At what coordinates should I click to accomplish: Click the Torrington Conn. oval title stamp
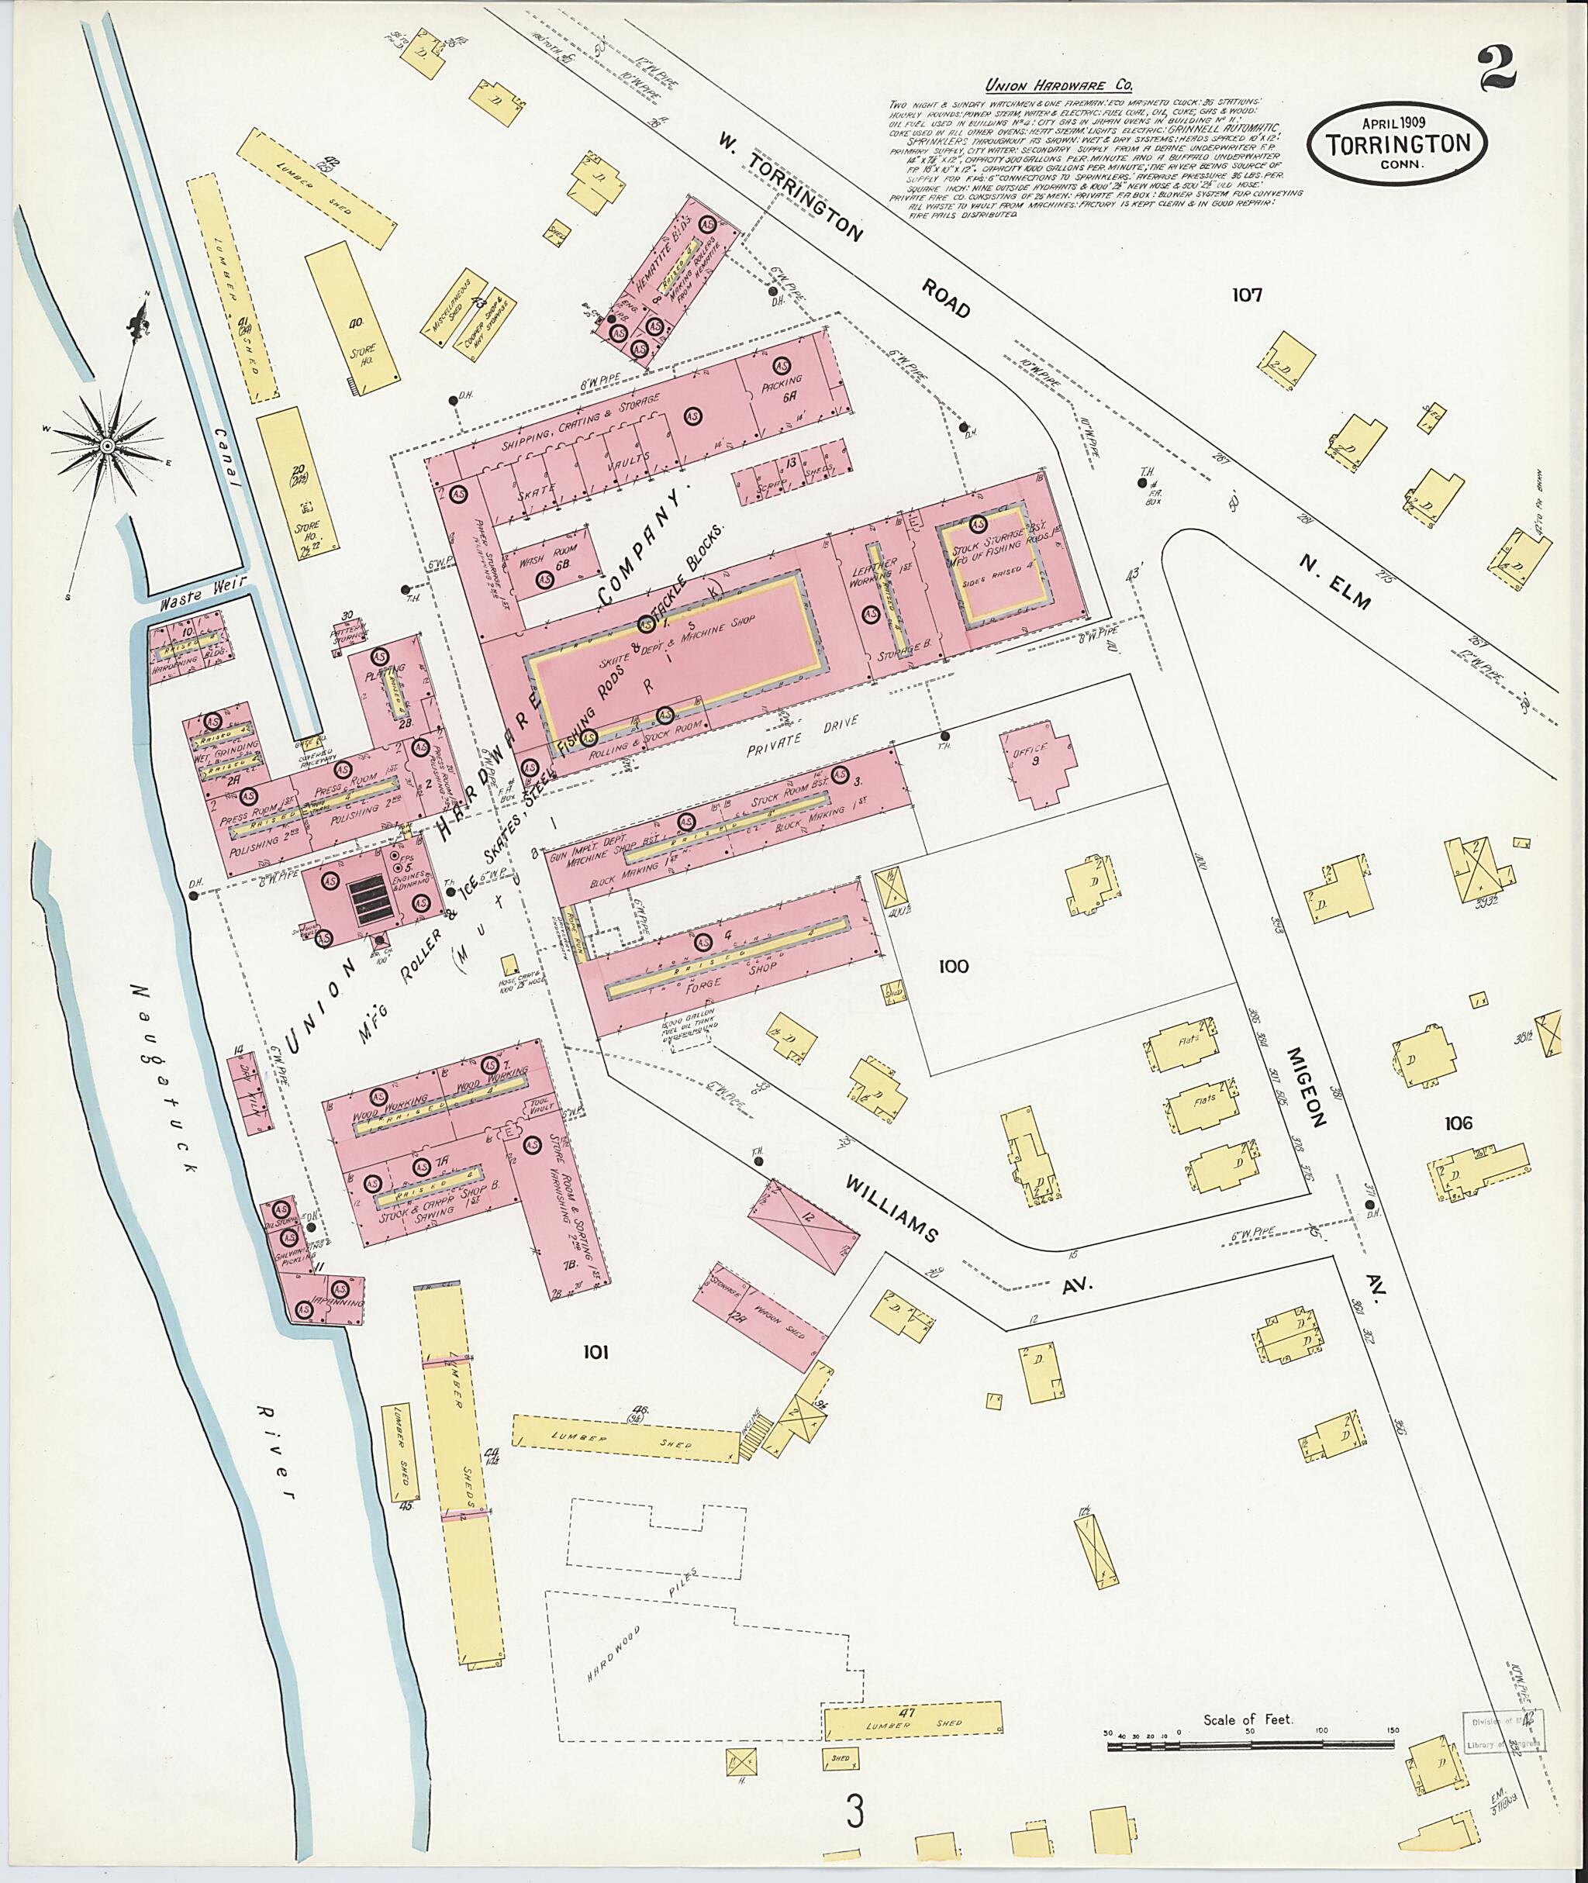pos(1403,144)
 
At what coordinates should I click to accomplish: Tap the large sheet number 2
pos(1497,67)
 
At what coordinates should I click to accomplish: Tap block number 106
pos(1458,1123)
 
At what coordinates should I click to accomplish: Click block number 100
pos(952,967)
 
